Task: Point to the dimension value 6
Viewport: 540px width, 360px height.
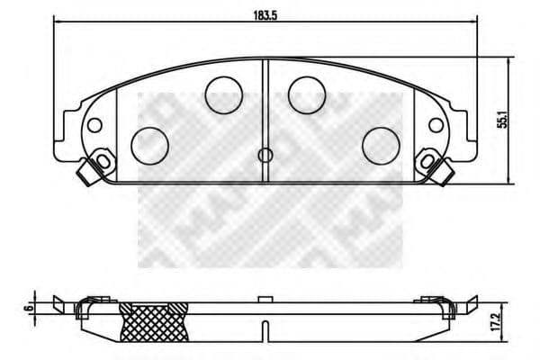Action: coord(31,306)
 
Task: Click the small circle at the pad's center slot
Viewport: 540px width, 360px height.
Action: coord(265,155)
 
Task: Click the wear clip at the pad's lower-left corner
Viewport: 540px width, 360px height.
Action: coord(91,168)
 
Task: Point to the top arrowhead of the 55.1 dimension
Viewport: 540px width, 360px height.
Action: coord(510,61)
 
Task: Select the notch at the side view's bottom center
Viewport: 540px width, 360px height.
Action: coord(264,325)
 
